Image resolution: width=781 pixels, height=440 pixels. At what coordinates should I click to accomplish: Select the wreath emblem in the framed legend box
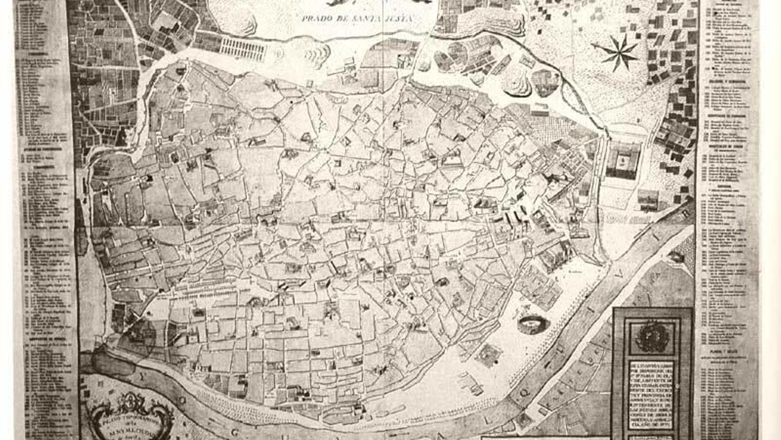point(652,337)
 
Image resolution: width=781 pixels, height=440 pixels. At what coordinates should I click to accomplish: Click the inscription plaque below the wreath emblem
point(651,398)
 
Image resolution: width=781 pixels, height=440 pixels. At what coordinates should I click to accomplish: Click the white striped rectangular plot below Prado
point(243,48)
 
